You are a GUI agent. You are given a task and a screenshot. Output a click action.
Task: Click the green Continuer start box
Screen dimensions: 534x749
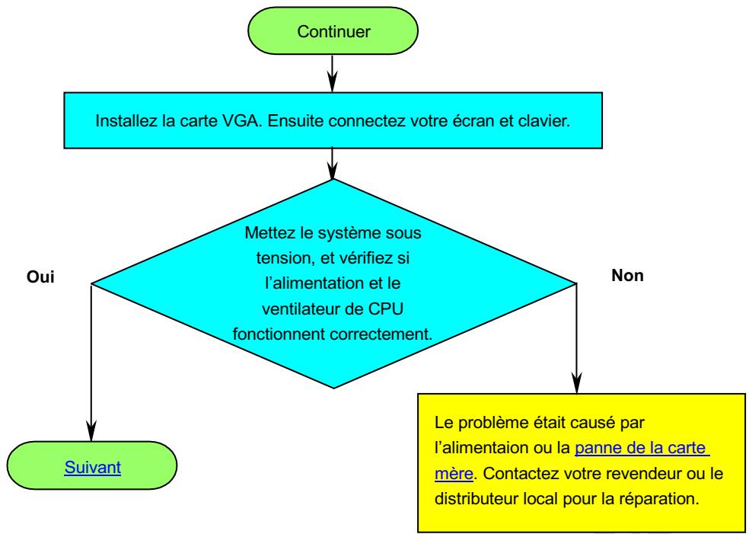click(x=333, y=32)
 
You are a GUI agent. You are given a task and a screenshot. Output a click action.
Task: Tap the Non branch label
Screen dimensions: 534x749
click(x=627, y=275)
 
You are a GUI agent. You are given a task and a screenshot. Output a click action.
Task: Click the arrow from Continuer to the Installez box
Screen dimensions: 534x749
click(x=333, y=69)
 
